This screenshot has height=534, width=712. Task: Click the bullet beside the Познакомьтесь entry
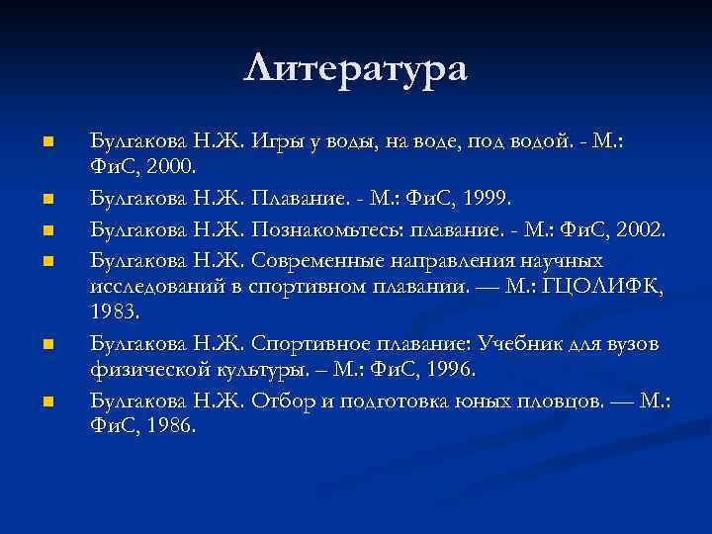click(46, 232)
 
